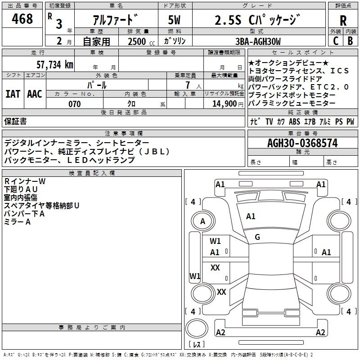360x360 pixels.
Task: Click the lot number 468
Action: tap(22, 19)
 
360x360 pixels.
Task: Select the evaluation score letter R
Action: tap(343, 20)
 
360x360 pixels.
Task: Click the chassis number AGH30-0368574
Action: tap(302, 143)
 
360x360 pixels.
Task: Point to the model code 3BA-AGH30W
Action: tap(258, 41)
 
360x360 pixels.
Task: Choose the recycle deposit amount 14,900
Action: tap(224, 104)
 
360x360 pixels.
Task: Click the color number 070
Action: tap(74, 104)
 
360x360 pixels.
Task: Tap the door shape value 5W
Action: tap(175, 20)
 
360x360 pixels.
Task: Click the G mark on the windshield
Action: tap(257, 237)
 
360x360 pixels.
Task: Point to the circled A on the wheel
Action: tap(202, 221)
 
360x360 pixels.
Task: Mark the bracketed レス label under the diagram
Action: tap(197, 345)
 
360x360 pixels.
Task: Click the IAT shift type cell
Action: tap(13, 94)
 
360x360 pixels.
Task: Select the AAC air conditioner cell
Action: tap(35, 94)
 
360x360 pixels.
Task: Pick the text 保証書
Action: tap(16, 121)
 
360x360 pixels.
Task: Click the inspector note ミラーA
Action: tap(18, 222)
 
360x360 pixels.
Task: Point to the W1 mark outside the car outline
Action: tap(195, 275)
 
